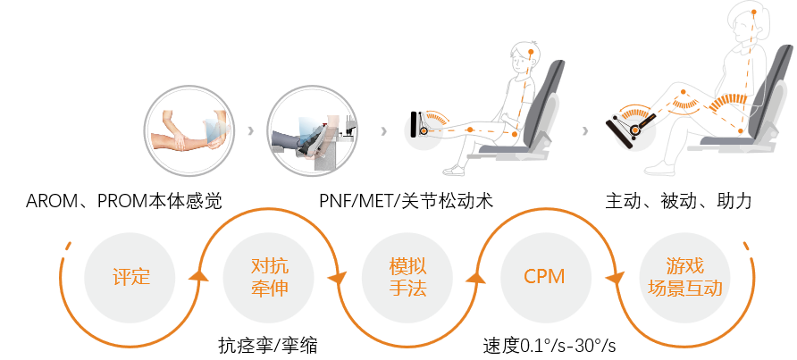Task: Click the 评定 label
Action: pos(131,277)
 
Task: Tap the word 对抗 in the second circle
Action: pos(269,265)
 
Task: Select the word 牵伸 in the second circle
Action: pos(269,289)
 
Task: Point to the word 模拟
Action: pos(407,265)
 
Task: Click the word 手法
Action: pos(407,289)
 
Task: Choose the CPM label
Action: pos(544,277)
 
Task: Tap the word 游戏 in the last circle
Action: pos(684,265)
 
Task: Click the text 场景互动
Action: pos(684,289)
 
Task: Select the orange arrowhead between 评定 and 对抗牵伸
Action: pos(200,274)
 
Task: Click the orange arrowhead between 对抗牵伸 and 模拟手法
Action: pos(337,279)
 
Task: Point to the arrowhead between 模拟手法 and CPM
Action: pos(476,274)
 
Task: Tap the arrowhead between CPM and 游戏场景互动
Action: pos(612,279)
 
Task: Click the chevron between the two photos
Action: pos(250,131)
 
